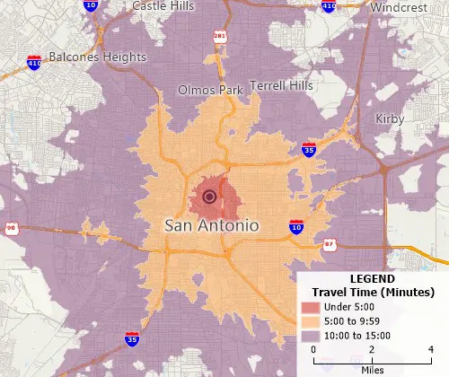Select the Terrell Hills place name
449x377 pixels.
pyautogui.click(x=282, y=84)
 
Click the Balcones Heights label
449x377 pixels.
pyautogui.click(x=91, y=57)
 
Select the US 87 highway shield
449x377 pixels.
pyautogui.click(x=331, y=244)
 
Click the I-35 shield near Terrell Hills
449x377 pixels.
pyautogui.click(x=308, y=150)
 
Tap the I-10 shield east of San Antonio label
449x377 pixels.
pyautogui.click(x=295, y=226)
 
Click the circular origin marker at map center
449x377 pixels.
pyautogui.click(x=209, y=197)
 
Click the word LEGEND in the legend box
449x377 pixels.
pyautogui.click(x=370, y=279)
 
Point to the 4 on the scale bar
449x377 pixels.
pyautogui.click(x=431, y=349)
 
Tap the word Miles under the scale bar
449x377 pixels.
pyautogui.click(x=372, y=369)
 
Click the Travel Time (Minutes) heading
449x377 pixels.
pyautogui.click(x=372, y=293)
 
